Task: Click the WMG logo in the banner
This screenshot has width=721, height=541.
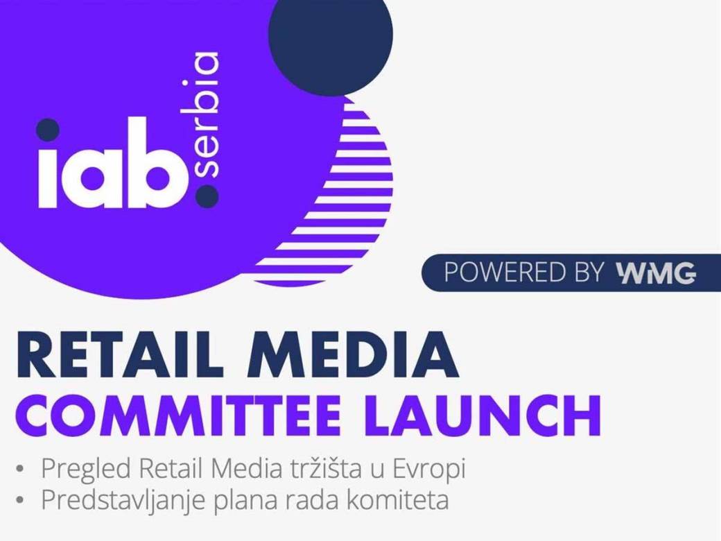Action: pyautogui.click(x=655, y=273)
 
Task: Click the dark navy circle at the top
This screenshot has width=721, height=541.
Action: pyautogui.click(x=330, y=35)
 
